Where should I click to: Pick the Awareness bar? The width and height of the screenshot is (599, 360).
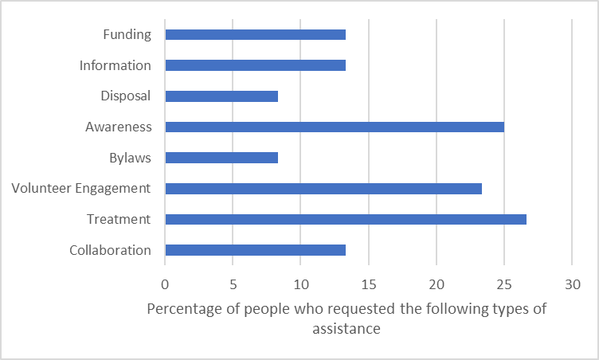334,127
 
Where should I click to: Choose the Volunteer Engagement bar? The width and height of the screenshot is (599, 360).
323,188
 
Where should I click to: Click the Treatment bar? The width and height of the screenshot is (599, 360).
345,219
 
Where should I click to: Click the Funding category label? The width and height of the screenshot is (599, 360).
127,34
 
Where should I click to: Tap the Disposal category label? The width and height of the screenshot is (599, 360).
126,96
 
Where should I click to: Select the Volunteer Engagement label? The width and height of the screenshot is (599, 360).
81,188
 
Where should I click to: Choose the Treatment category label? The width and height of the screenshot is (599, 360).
119,219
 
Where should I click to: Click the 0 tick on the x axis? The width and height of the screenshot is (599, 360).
165,283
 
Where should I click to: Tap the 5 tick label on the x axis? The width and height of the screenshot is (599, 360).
233,283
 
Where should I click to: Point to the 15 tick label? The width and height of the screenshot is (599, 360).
368,283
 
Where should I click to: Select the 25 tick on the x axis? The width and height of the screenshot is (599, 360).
504,283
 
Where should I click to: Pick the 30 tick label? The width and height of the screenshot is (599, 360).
572,283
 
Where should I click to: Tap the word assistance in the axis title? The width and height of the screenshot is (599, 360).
346,327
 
